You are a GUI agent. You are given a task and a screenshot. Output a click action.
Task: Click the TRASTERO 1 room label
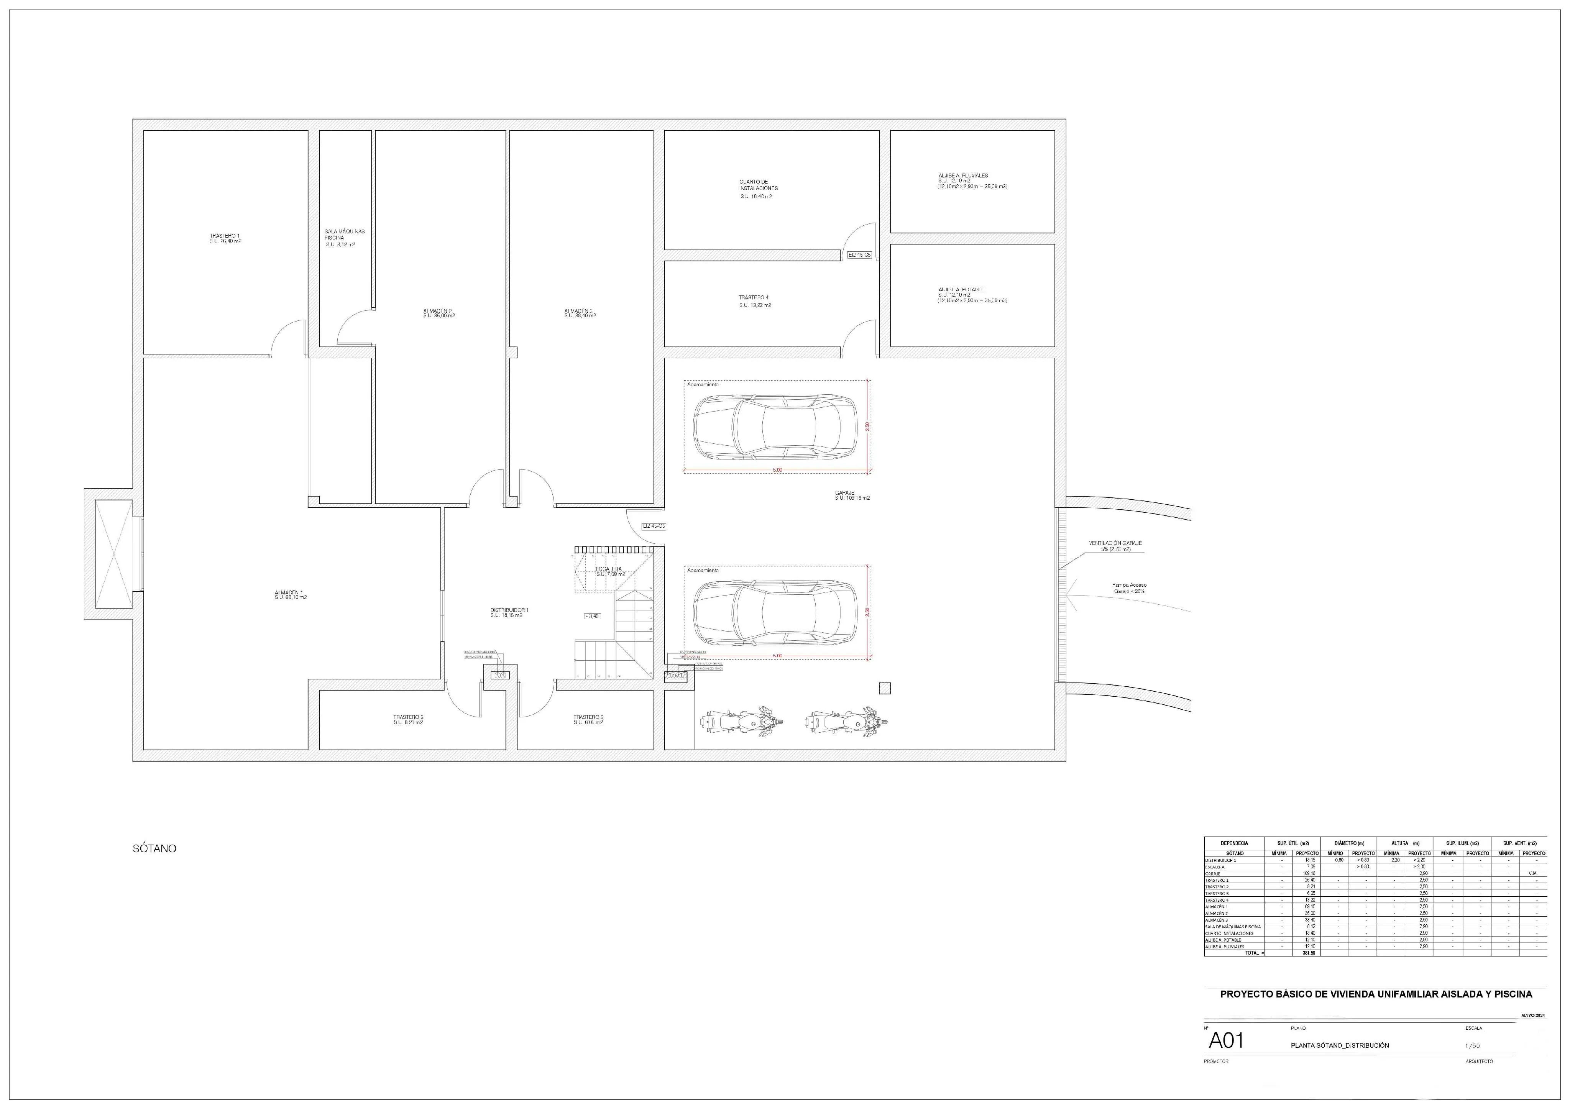click(x=225, y=238)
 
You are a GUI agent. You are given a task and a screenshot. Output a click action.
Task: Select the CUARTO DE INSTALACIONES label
click(x=758, y=185)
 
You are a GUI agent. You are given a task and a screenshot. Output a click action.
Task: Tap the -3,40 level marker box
click(x=592, y=616)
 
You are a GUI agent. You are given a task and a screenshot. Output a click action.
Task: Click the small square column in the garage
click(x=885, y=689)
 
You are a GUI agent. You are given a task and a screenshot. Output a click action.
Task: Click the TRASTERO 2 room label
click(x=408, y=717)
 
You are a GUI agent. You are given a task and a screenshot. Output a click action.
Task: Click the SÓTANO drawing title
click(x=154, y=848)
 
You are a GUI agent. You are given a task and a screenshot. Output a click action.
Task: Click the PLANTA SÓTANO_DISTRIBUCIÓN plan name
click(x=1340, y=1045)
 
